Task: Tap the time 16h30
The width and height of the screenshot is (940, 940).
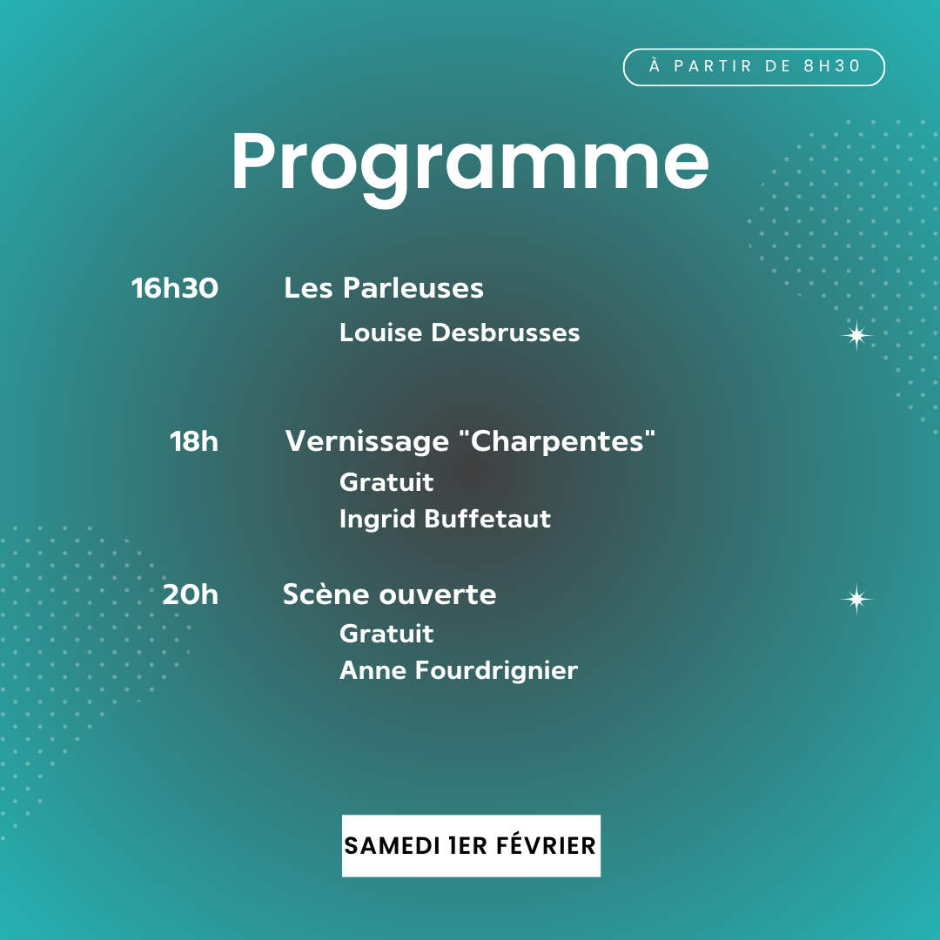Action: coord(174,288)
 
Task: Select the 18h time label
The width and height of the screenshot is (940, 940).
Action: coord(193,441)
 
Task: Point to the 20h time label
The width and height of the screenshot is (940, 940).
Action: coord(190,594)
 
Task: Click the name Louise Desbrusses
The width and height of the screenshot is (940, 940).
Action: coord(460,332)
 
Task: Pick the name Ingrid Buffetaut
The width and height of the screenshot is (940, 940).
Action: coord(445,519)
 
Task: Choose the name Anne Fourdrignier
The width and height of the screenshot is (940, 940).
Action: coord(459,670)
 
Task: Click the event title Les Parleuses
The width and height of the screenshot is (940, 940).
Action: coord(384,288)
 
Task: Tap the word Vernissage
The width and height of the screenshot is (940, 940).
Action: coord(367,442)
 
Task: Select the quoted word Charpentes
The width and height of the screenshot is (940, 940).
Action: coord(557,440)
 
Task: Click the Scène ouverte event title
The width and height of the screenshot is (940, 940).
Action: coord(390,594)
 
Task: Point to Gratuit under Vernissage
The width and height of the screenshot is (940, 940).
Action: coord(386,482)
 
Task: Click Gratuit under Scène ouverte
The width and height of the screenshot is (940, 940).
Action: coord(386,634)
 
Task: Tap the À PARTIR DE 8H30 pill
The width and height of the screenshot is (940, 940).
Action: coord(754,66)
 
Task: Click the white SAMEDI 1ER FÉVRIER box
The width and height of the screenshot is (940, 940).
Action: coord(471,845)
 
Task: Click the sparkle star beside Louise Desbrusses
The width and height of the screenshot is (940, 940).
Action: coord(856,335)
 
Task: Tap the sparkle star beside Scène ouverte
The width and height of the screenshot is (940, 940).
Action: coord(856,598)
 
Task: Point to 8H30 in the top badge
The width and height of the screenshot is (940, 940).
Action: coord(832,66)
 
